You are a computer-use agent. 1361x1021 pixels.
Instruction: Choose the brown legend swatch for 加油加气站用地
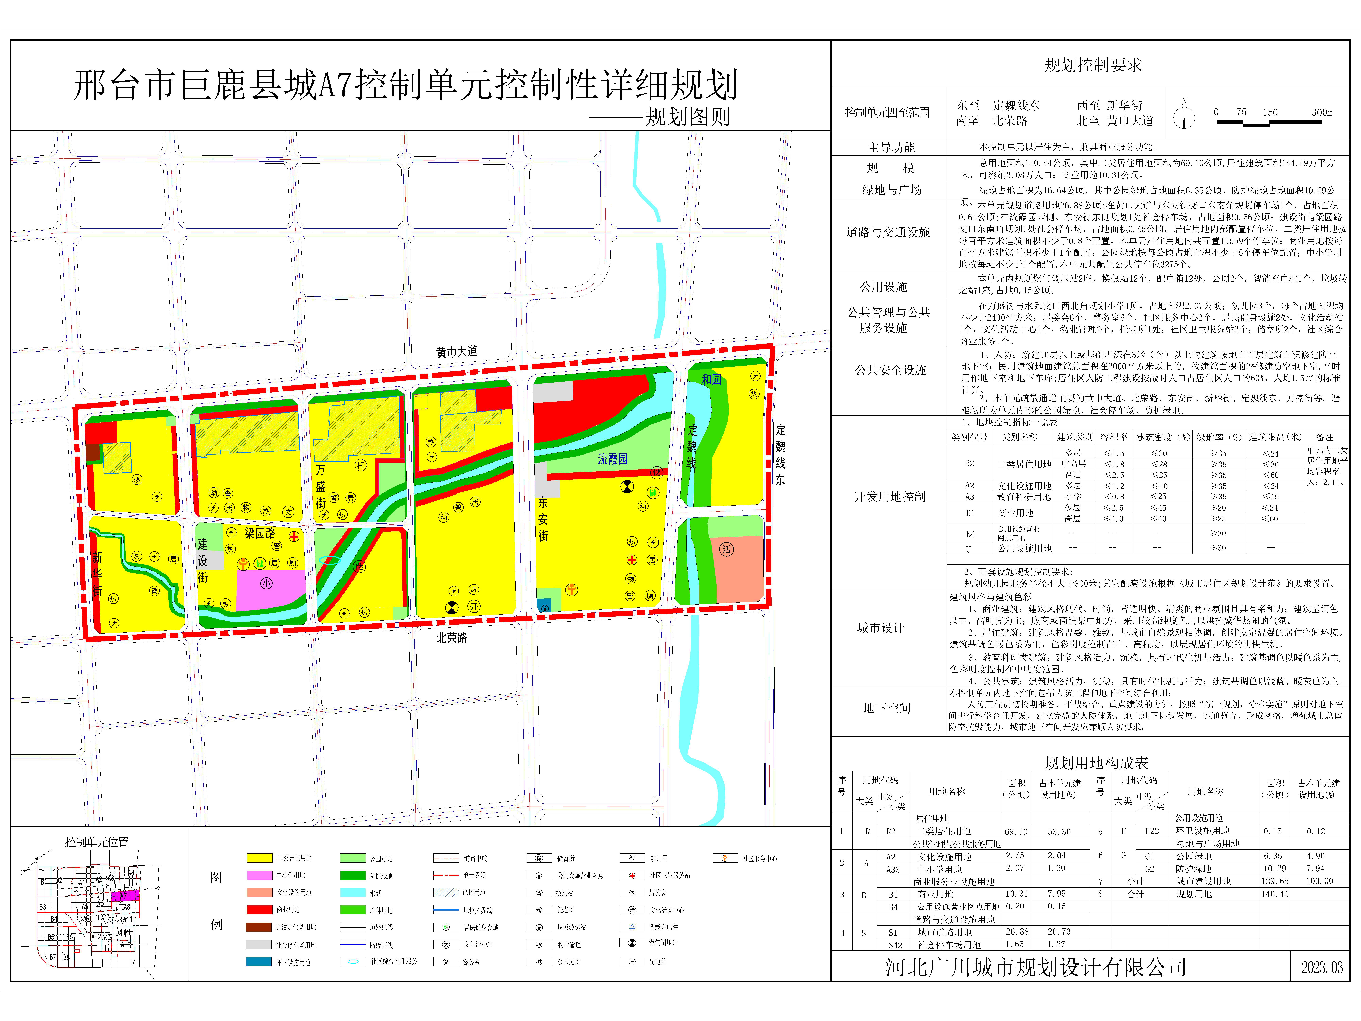[x=259, y=927]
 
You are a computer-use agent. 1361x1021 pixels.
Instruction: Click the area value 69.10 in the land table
[x=1016, y=831]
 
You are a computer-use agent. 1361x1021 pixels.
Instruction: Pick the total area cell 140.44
[x=1273, y=894]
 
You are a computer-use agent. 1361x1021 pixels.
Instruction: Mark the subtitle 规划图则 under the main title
[x=687, y=116]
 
